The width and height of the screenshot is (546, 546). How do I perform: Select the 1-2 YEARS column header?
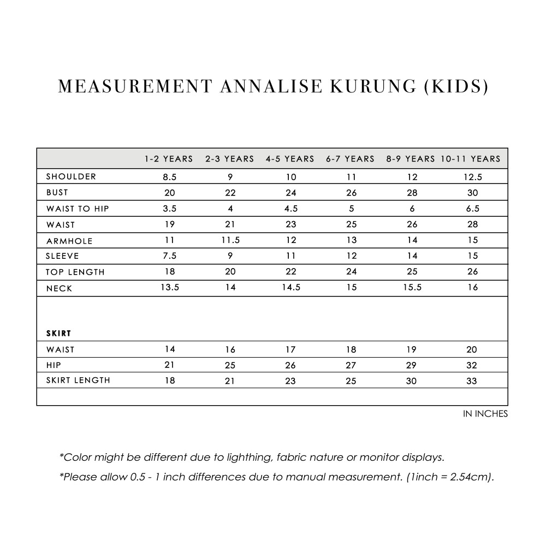click(x=169, y=159)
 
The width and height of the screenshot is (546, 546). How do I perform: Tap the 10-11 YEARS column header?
click(x=471, y=159)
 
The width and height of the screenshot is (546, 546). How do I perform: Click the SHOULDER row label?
click(x=71, y=176)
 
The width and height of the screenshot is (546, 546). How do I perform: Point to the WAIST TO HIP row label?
click(x=78, y=209)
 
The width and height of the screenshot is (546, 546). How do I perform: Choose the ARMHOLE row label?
click(x=69, y=241)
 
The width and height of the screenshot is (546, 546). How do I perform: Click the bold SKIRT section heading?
click(x=58, y=333)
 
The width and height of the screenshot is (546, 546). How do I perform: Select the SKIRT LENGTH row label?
click(x=78, y=381)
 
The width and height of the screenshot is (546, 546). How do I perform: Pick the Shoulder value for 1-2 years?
click(x=170, y=177)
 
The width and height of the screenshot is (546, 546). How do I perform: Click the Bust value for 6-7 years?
click(x=351, y=193)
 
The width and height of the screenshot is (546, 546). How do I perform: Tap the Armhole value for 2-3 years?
click(x=230, y=240)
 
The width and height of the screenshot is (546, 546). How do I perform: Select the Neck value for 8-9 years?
click(x=412, y=287)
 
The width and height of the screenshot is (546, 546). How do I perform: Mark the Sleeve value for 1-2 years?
click(x=170, y=256)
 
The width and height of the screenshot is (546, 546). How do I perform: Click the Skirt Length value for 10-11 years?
click(x=472, y=381)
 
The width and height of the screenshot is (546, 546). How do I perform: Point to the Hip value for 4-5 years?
click(x=290, y=365)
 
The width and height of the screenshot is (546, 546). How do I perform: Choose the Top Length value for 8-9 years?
click(x=412, y=271)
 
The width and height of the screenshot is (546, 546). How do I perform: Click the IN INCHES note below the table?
click(x=485, y=414)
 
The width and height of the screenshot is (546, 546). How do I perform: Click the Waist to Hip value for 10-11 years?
click(x=472, y=209)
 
